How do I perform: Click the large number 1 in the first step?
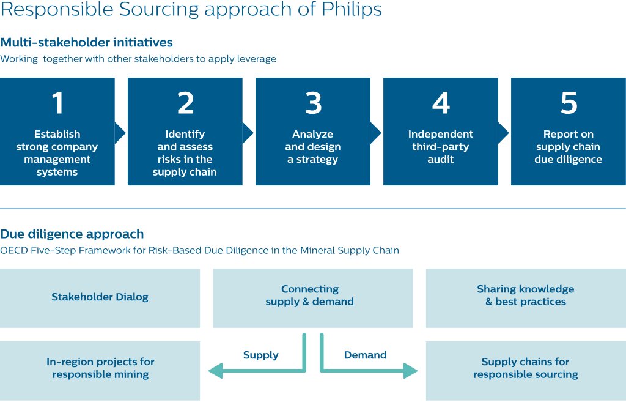tap(58, 103)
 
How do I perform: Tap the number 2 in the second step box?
tap(185, 103)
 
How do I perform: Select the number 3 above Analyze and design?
tap(313, 103)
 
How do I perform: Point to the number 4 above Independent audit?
tap(441, 103)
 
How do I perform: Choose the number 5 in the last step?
tap(569, 103)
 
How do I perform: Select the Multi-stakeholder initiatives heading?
tap(86, 43)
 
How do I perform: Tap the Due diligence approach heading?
tap(72, 234)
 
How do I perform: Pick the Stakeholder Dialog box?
tap(100, 297)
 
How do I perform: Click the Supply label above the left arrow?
tap(260, 355)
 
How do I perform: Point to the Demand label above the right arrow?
tap(365, 355)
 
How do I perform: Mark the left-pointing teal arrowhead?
tap(215, 370)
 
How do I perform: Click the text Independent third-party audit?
tap(441, 147)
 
